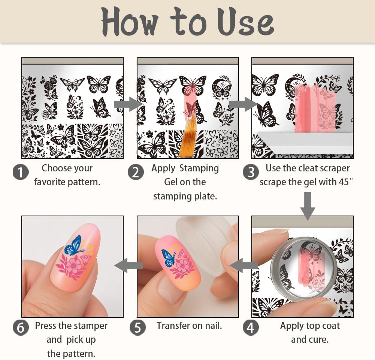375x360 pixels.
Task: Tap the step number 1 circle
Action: click(x=21, y=172)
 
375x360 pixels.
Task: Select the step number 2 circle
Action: click(x=136, y=172)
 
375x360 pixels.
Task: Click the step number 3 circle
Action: click(x=251, y=172)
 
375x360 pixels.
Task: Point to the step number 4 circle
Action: click(x=251, y=327)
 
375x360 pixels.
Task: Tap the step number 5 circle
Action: click(x=137, y=327)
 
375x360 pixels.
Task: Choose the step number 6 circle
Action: click(x=21, y=327)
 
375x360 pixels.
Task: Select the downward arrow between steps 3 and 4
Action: click(x=308, y=205)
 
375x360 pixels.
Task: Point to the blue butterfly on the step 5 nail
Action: click(x=169, y=258)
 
